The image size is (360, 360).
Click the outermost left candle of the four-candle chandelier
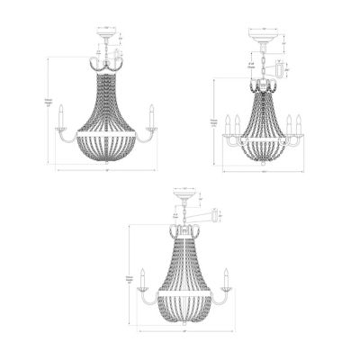coord(227,123)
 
